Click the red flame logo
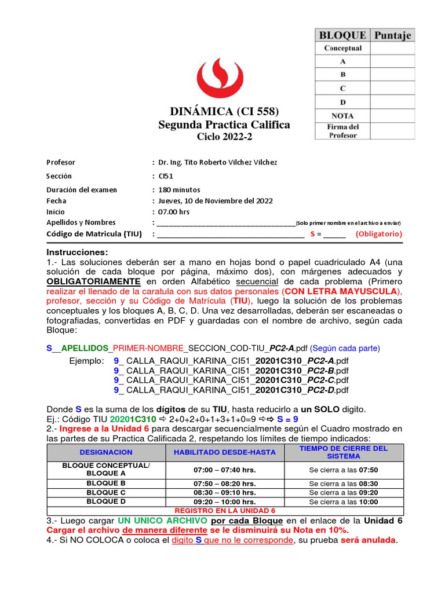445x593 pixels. coord(223,75)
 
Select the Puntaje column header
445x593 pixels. coord(392,35)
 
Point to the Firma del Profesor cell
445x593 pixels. coord(342,131)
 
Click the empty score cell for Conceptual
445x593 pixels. coord(392,49)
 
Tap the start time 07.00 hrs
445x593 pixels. coord(174,212)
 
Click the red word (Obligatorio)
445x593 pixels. coord(378,234)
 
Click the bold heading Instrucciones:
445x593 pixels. coord(77,252)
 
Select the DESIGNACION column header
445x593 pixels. coord(106,452)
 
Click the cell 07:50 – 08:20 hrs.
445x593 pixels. coord(225,483)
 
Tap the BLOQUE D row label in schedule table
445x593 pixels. coord(106,502)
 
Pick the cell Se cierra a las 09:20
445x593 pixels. coord(343,492)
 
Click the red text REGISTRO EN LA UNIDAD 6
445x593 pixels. coord(225,511)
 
